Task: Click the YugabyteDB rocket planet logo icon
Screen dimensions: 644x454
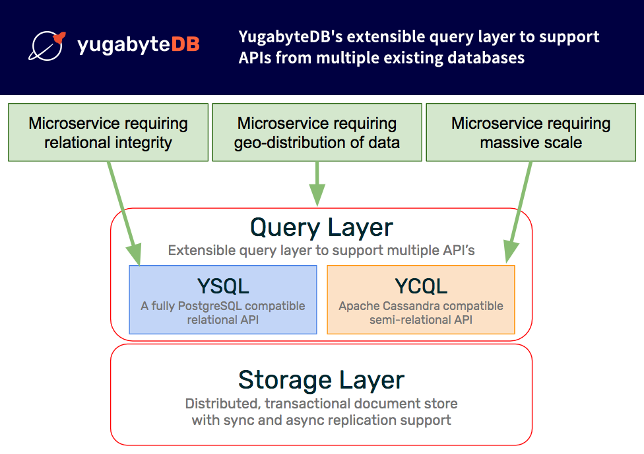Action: (46, 46)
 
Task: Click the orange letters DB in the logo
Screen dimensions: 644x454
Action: (185, 44)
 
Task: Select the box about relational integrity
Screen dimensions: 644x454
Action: (108, 132)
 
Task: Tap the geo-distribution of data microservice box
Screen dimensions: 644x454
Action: (317, 132)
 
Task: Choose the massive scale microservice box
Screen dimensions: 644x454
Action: (531, 132)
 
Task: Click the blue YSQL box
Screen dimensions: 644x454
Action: (223, 300)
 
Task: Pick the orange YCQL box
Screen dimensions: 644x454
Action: (421, 300)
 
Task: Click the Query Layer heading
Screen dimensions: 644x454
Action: (321, 228)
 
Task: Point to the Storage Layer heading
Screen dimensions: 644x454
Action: (321, 380)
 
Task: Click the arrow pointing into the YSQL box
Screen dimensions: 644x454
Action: (125, 213)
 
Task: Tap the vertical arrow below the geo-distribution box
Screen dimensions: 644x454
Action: (317, 184)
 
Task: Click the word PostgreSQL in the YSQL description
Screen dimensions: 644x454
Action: (210, 307)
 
